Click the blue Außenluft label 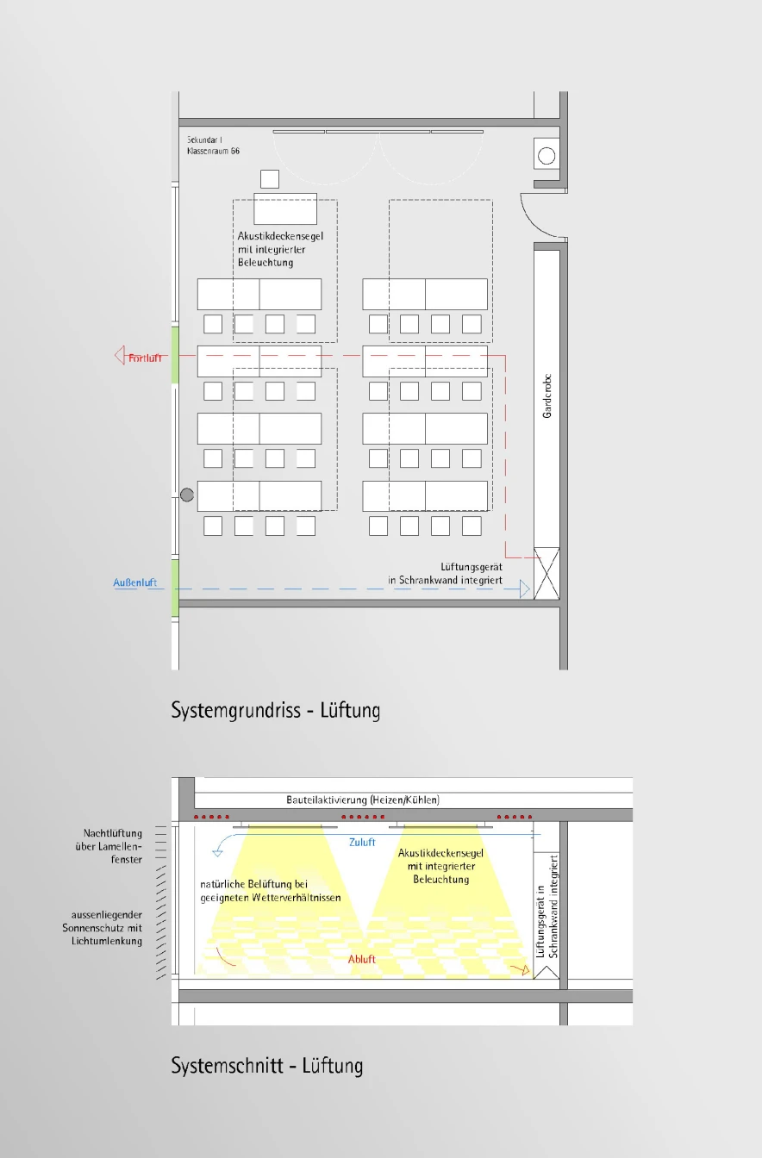click(x=135, y=583)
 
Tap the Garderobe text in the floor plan click(x=547, y=402)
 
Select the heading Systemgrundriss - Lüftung click(x=276, y=711)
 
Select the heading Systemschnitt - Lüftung click(x=267, y=1066)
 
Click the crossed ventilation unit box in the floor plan click(x=547, y=573)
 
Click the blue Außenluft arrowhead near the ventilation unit click(x=525, y=589)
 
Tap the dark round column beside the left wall click(x=187, y=495)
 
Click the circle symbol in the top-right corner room click(x=547, y=156)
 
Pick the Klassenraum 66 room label click(x=213, y=151)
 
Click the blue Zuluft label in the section click(x=362, y=842)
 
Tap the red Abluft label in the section click(x=362, y=959)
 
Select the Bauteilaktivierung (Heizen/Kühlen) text click(x=363, y=800)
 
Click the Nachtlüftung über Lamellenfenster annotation click(x=113, y=846)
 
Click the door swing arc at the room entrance click(x=540, y=217)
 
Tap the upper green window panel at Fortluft click(x=175, y=354)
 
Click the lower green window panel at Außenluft click(x=175, y=588)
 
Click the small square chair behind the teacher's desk click(x=270, y=179)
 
